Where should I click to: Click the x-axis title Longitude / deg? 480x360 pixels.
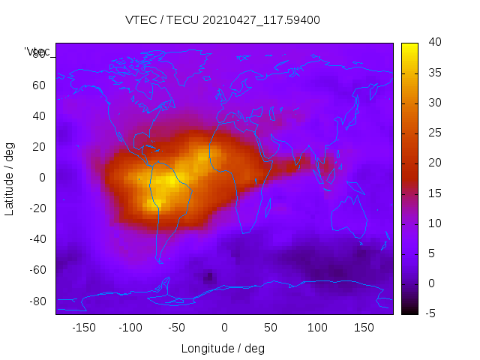[x=223, y=348]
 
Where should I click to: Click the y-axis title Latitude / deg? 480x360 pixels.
[x=10, y=178]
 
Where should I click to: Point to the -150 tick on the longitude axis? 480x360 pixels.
[x=83, y=328]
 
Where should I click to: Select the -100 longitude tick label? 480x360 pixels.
[x=130, y=328]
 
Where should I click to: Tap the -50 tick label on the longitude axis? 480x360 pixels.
[x=177, y=328]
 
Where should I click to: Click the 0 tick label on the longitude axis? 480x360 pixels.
[x=223, y=328]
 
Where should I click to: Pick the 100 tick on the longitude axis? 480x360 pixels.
[x=317, y=328]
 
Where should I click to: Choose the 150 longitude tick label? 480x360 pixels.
[x=364, y=328]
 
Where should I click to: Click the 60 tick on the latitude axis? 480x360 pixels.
[x=38, y=85]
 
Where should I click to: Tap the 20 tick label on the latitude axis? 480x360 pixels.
[x=38, y=147]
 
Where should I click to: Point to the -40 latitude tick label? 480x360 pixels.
[x=36, y=239]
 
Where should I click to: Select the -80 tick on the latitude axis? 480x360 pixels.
[x=36, y=301]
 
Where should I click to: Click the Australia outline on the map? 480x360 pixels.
[x=349, y=217]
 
